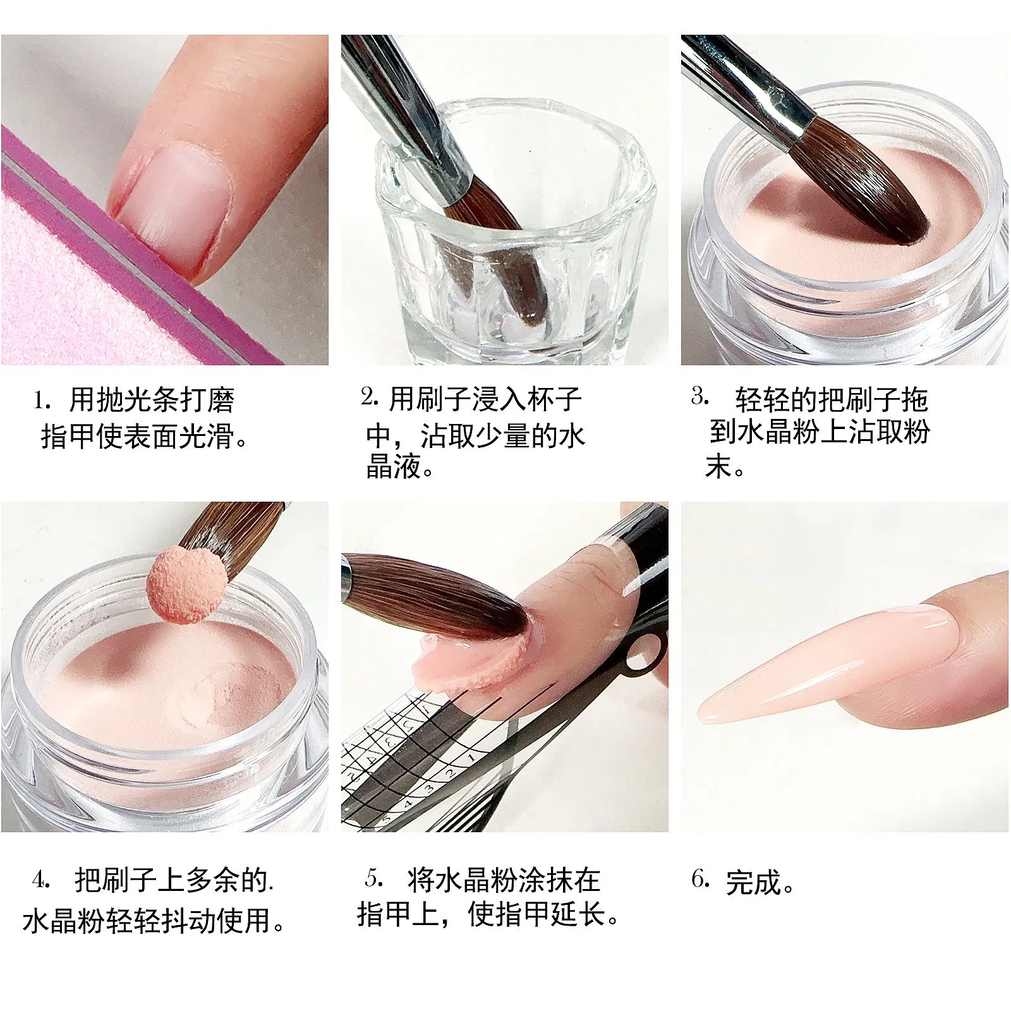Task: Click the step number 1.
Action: tap(41, 400)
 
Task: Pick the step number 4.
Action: tap(40, 880)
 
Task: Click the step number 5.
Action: tap(373, 878)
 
